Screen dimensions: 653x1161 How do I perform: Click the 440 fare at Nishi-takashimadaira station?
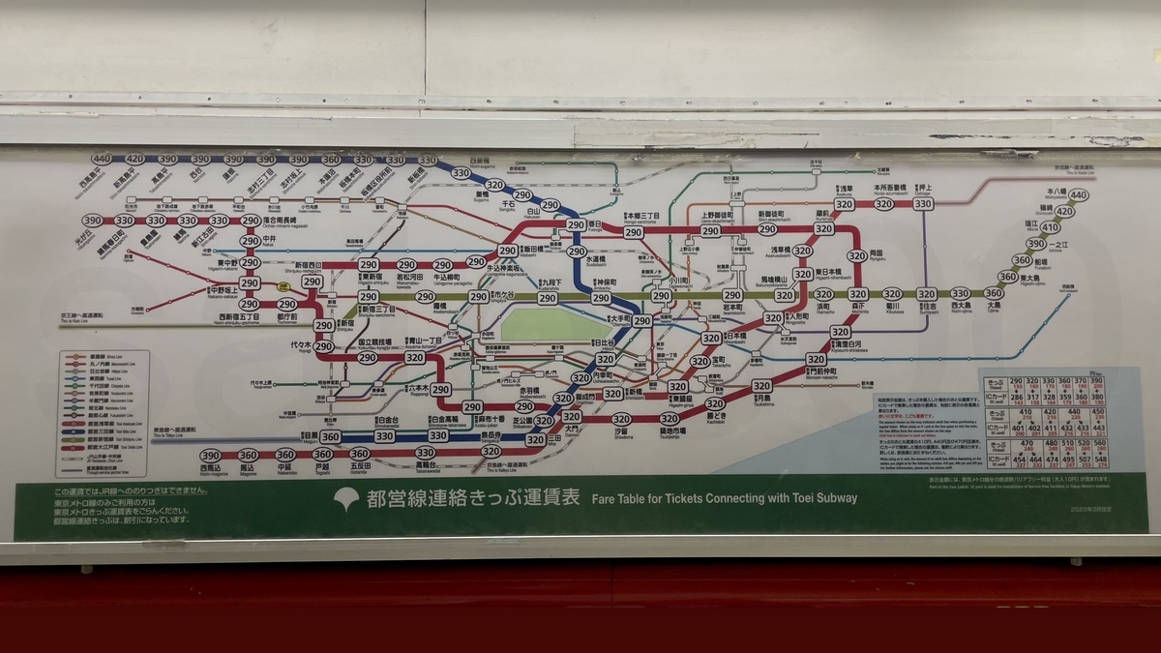[102, 160]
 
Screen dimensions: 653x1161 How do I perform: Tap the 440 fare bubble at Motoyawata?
[1080, 195]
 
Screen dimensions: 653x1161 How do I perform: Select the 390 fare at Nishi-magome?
[211, 456]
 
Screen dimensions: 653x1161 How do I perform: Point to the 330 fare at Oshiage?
[923, 204]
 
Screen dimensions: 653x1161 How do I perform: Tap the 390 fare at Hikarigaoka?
[92, 221]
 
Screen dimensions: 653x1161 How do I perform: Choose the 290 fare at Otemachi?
[641, 321]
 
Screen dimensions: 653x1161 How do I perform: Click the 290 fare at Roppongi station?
[441, 389]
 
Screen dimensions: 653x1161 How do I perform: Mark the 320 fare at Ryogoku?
[857, 256]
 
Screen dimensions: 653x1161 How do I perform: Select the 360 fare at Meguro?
[331, 437]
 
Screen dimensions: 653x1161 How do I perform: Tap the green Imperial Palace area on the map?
[556, 324]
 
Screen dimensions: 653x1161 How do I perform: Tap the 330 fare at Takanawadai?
[426, 453]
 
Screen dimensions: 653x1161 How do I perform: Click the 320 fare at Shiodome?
[621, 420]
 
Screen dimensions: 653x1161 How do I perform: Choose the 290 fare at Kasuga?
[576, 225]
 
